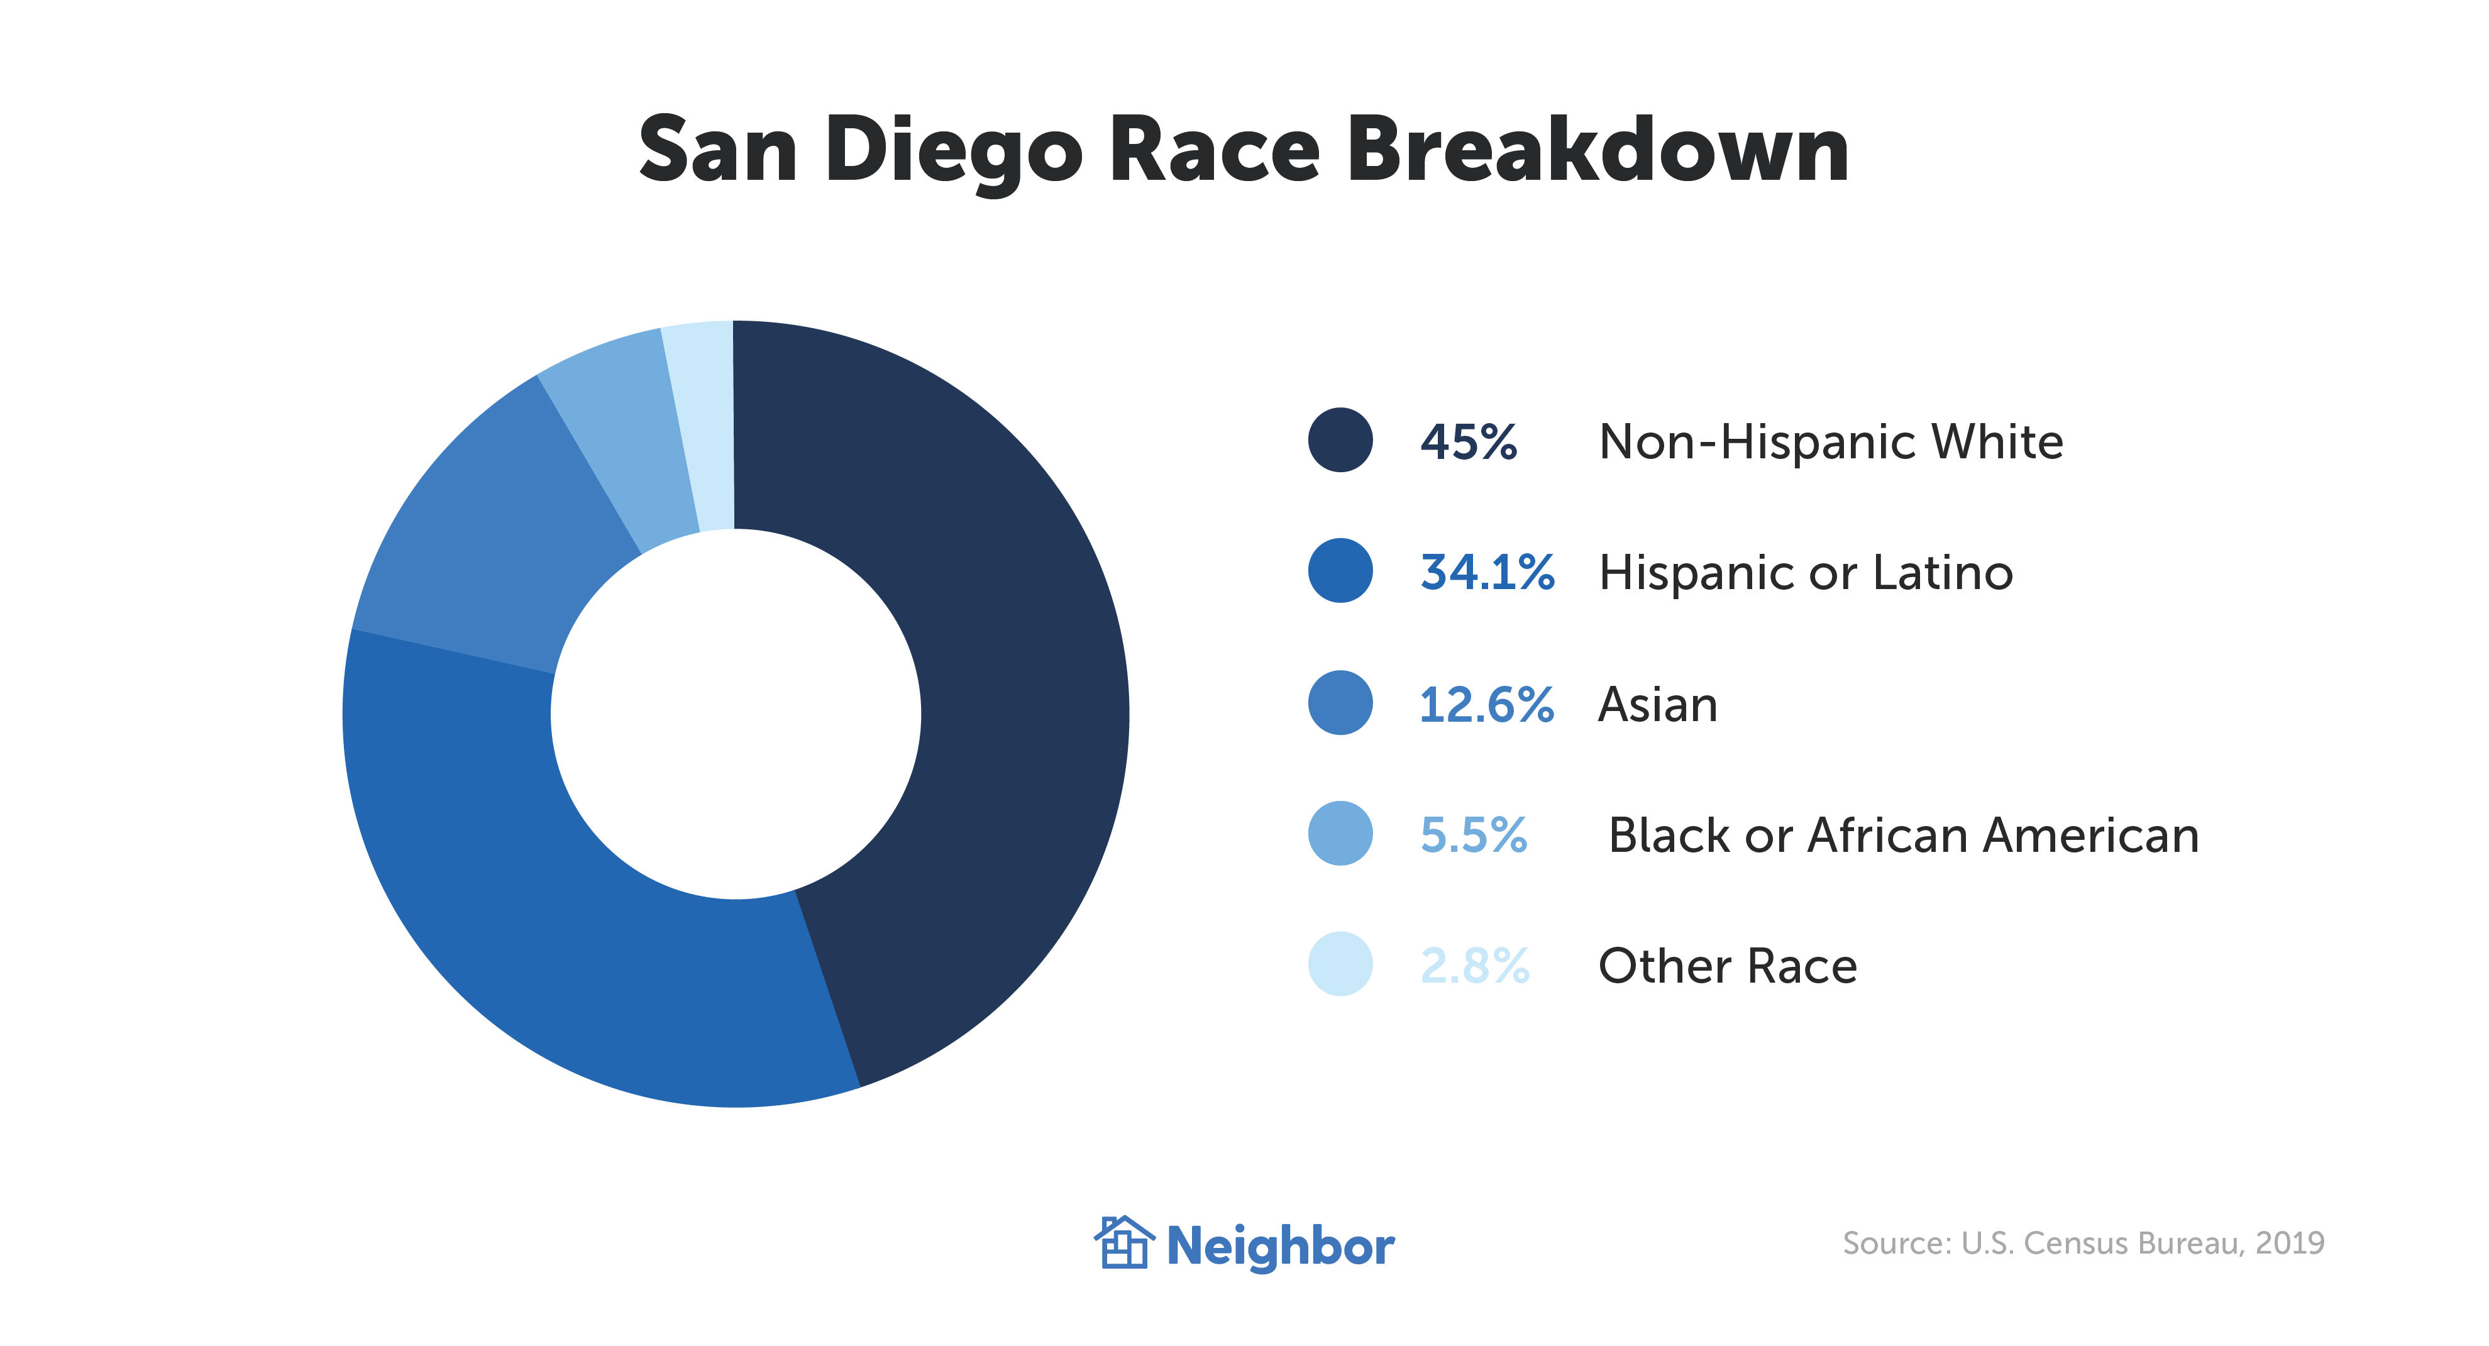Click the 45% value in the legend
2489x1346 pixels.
click(x=1469, y=443)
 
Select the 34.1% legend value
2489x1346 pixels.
click(x=1486, y=572)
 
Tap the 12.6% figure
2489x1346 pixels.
click(x=1486, y=704)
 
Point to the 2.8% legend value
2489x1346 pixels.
click(x=1474, y=965)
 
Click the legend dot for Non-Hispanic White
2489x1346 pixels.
click(x=1340, y=441)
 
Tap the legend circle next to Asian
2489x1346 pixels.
click(x=1340, y=702)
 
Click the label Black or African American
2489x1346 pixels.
click(x=1902, y=835)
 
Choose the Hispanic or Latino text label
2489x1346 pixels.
click(x=1805, y=572)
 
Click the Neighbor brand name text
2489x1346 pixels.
click(x=1280, y=1247)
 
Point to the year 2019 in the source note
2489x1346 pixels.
click(x=2289, y=1243)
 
